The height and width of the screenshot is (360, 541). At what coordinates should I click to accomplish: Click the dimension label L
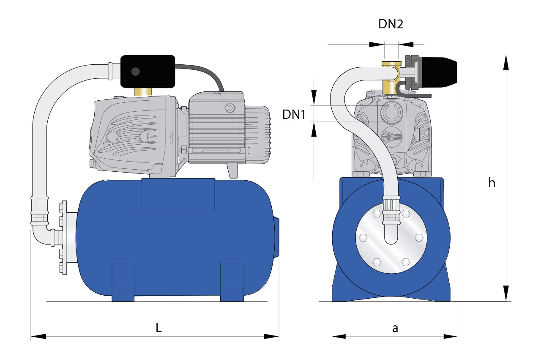pyautogui.click(x=158, y=328)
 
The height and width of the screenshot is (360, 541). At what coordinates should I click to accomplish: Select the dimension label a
pyautogui.click(x=395, y=328)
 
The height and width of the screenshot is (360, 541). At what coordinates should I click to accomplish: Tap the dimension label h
pyautogui.click(x=492, y=182)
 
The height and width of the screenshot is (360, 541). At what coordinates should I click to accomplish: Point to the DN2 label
pyautogui.click(x=391, y=24)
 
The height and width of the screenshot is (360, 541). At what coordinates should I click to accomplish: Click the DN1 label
pyautogui.click(x=294, y=114)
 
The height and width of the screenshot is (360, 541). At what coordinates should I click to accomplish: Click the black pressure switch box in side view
pyautogui.click(x=148, y=71)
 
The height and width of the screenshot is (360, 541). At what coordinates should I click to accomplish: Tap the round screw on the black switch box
pyautogui.click(x=135, y=71)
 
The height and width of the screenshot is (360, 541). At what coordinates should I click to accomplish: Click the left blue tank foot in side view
pyautogui.click(x=123, y=281)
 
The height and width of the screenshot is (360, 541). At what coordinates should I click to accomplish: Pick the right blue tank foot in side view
pyautogui.click(x=232, y=281)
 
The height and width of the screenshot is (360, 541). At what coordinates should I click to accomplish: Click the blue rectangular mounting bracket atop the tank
pyautogui.click(x=178, y=194)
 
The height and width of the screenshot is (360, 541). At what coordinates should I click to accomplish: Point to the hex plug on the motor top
pyautogui.click(x=230, y=107)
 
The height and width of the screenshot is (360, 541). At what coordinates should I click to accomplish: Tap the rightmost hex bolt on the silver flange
pyautogui.click(x=419, y=237)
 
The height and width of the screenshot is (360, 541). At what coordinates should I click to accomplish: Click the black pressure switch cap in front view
pyautogui.click(x=440, y=71)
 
